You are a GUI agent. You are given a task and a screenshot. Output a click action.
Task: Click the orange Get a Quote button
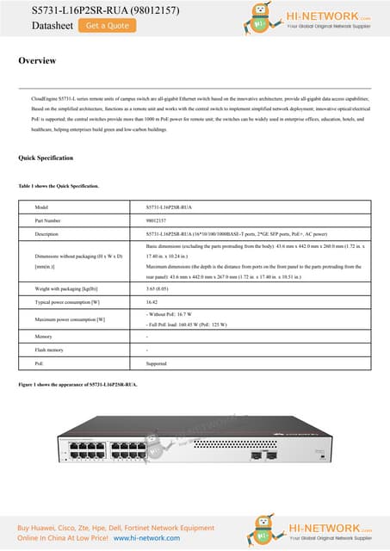coord(108,26)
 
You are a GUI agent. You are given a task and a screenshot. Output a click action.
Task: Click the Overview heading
coord(37,61)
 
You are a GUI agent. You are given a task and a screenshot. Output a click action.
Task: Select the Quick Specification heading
coord(46,158)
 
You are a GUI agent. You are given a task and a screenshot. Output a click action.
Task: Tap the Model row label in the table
coord(41,208)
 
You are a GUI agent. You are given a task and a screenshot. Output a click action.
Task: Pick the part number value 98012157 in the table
coord(156,221)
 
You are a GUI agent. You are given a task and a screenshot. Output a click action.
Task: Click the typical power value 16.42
coord(152,302)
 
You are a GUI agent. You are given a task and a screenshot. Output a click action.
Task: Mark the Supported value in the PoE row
coord(157,363)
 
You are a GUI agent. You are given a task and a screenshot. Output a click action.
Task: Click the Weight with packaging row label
coord(67,289)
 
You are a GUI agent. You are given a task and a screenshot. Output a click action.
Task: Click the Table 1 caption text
coord(59,186)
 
